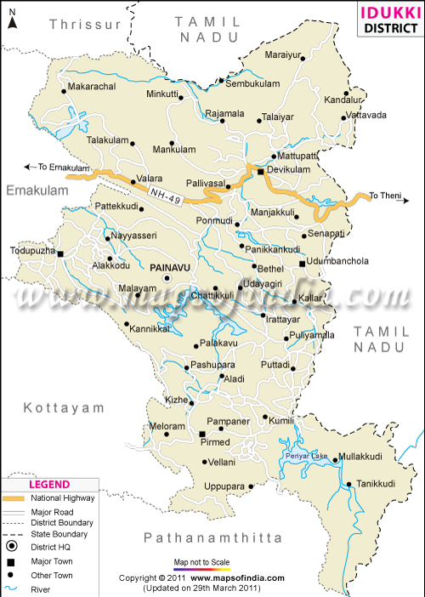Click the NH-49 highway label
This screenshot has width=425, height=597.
(165, 195)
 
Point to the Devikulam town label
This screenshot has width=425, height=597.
(290, 171)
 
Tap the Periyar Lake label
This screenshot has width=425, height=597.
(307, 457)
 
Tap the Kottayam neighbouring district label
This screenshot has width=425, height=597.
(57, 408)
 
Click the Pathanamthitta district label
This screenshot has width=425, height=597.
(212, 537)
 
